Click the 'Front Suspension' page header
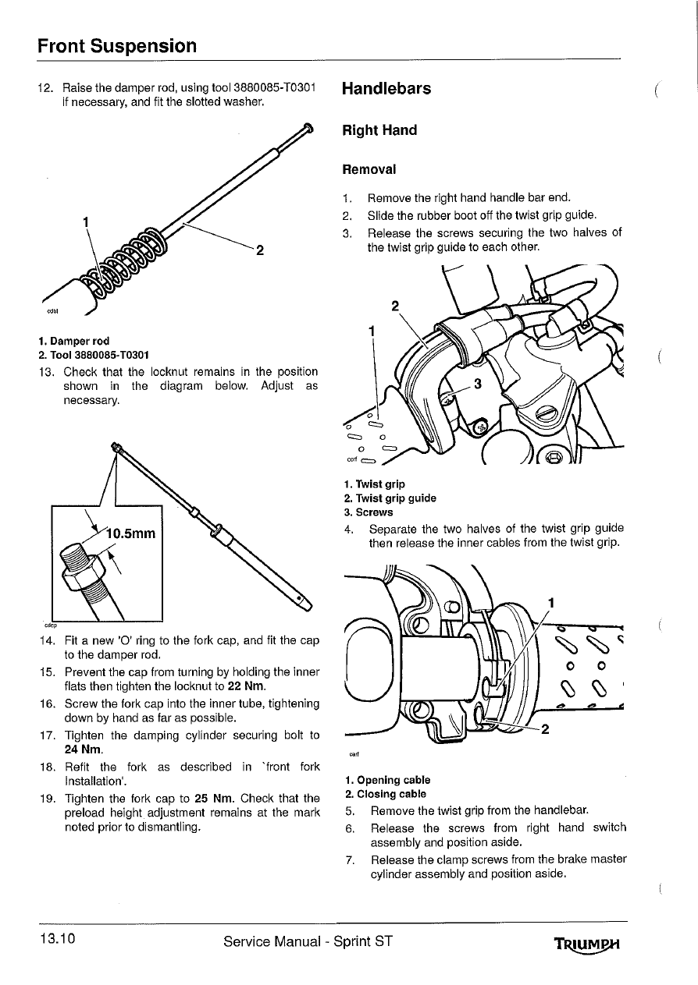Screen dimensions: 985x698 [117, 45]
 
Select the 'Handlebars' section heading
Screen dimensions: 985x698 [386, 88]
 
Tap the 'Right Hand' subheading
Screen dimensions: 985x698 [379, 130]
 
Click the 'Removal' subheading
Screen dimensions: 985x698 [369, 169]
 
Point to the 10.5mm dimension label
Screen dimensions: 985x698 [132, 533]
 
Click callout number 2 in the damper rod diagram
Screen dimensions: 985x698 [261, 251]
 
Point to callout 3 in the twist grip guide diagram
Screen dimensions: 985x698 [478, 384]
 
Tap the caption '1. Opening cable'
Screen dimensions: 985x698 [386, 780]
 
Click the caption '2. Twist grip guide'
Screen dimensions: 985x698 [390, 498]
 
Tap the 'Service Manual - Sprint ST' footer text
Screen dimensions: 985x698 [307, 941]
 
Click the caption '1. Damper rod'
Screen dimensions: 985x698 [73, 341]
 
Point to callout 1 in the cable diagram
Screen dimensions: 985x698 [551, 602]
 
